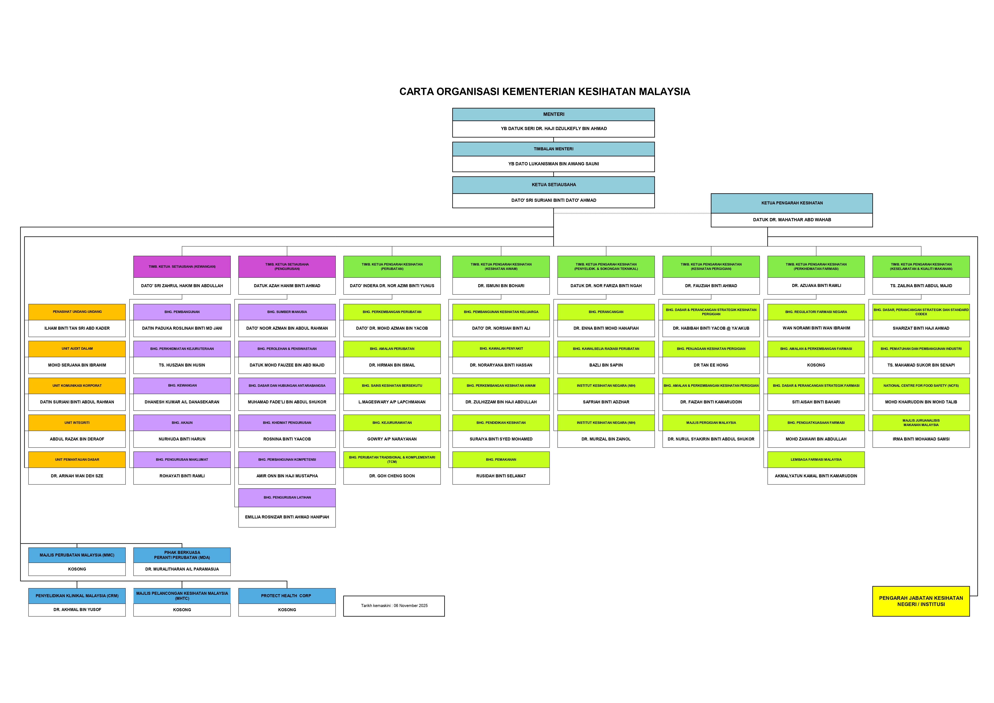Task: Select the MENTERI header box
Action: [x=553, y=114]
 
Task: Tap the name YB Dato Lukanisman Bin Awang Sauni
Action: [x=553, y=164]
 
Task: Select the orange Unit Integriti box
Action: [x=77, y=422]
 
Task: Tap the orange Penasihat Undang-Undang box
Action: [x=77, y=312]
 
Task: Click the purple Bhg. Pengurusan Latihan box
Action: [x=287, y=497]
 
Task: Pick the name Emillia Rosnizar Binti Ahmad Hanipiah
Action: [x=287, y=517]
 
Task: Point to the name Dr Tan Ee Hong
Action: [x=711, y=365]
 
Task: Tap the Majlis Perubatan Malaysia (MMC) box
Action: [x=77, y=555]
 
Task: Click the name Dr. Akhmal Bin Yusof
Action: [x=77, y=609]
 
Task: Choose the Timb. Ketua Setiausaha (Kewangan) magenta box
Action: [x=182, y=267]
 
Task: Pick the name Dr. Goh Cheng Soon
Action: [x=392, y=476]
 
